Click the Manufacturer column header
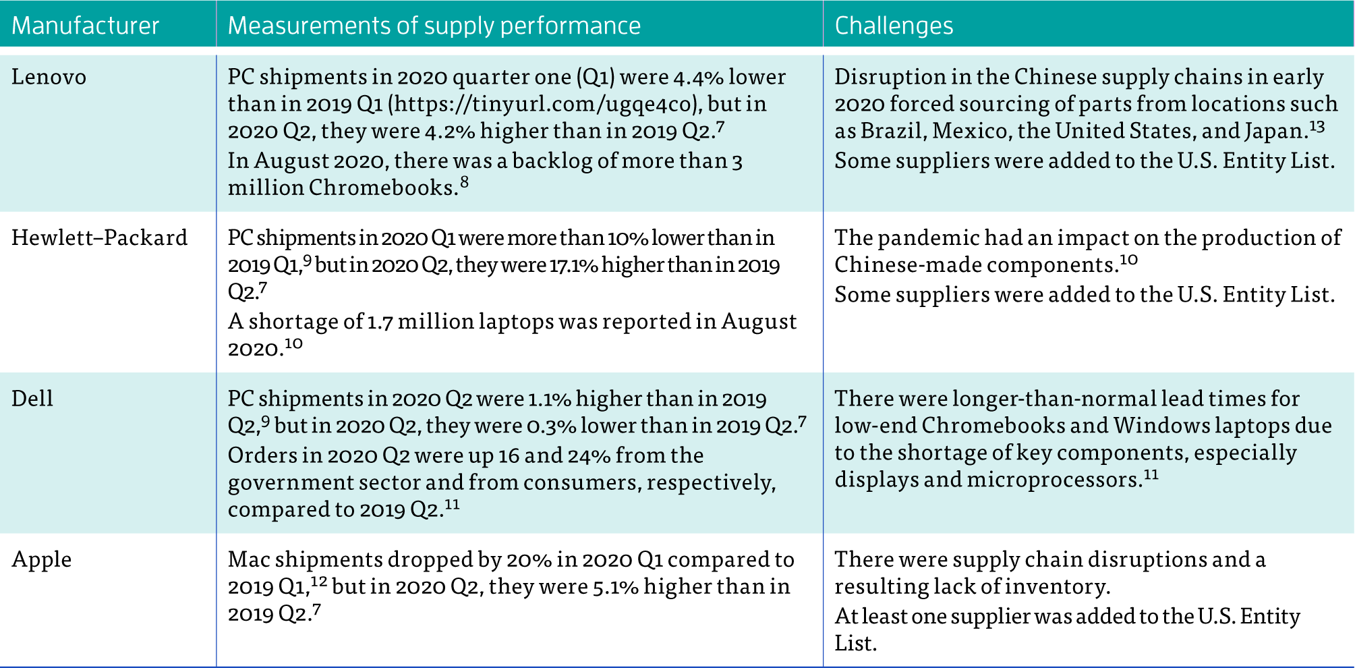tap(85, 26)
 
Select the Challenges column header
tap(894, 26)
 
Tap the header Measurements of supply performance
tap(434, 26)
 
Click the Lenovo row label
tap(49, 77)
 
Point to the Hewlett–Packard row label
tap(99, 238)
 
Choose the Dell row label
tap(32, 398)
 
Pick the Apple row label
tap(41, 559)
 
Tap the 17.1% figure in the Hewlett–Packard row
tap(573, 265)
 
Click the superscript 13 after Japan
tap(1317, 126)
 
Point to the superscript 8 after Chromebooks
tap(464, 182)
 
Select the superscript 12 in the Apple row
tap(319, 581)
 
